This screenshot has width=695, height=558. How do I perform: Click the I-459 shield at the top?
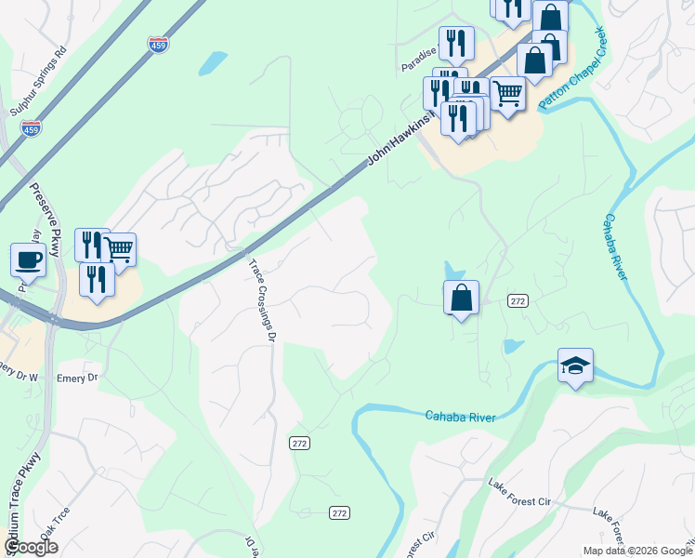click(x=158, y=43)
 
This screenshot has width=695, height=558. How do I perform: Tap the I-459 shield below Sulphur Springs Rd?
click(x=32, y=128)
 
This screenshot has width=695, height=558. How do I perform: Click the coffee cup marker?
click(x=28, y=259)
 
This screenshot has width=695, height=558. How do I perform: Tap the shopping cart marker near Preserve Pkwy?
click(x=119, y=249)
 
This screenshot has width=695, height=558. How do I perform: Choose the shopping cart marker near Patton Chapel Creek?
click(x=507, y=93)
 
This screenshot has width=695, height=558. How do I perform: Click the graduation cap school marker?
click(x=575, y=365)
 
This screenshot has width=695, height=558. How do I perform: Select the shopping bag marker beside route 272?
click(x=461, y=298)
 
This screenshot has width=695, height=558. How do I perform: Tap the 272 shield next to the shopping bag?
click(x=518, y=300)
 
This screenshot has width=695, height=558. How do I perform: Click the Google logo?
click(x=31, y=547)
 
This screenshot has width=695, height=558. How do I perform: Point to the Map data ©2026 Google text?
click(x=636, y=551)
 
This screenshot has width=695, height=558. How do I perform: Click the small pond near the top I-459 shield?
click(x=213, y=62)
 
